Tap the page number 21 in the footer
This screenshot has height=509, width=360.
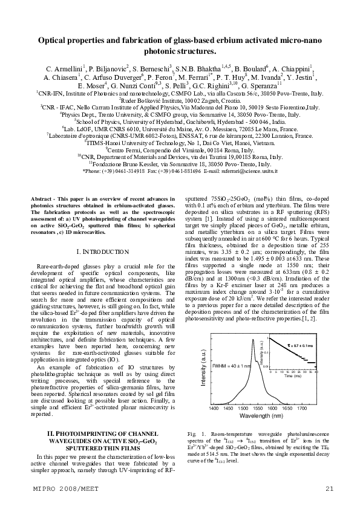[329, 488]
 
